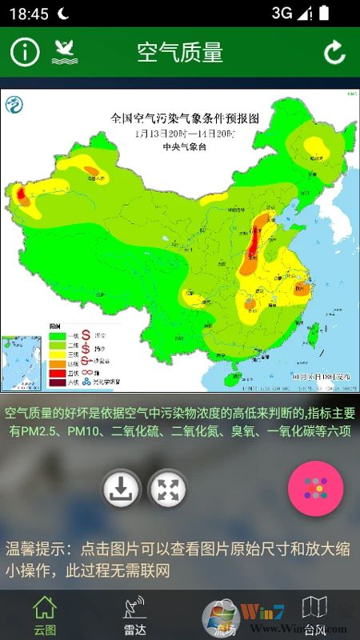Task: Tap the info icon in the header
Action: click(x=25, y=53)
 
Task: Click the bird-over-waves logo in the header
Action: click(x=65, y=53)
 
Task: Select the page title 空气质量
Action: click(x=179, y=53)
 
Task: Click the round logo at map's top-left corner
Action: click(x=14, y=104)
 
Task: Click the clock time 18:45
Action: click(x=29, y=14)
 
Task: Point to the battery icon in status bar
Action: click(x=323, y=14)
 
